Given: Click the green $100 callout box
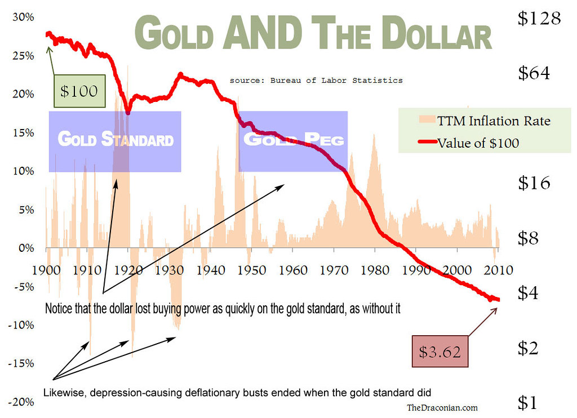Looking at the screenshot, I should click(x=79, y=91).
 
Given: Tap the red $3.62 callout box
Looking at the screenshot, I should click(x=440, y=352).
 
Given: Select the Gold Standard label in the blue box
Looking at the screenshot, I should click(x=116, y=139).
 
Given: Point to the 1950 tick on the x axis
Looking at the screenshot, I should click(x=251, y=270).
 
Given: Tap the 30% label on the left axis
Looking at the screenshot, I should click(x=23, y=17).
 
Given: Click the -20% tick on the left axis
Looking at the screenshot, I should click(x=21, y=402).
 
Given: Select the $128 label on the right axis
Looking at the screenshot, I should click(x=539, y=19).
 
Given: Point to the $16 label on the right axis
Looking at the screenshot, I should click(x=534, y=183).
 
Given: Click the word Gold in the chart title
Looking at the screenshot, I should click(x=174, y=34).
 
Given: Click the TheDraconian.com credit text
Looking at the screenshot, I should click(x=442, y=407).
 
